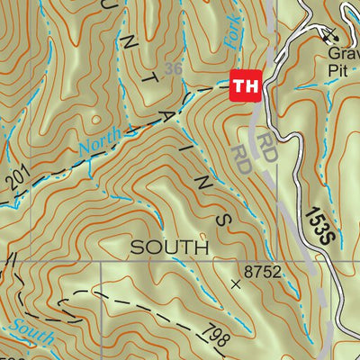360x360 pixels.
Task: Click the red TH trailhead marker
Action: (245, 86)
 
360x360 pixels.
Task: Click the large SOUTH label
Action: (170, 246)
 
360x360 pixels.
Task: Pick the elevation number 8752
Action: (264, 269)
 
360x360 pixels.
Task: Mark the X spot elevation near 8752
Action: (236, 284)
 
